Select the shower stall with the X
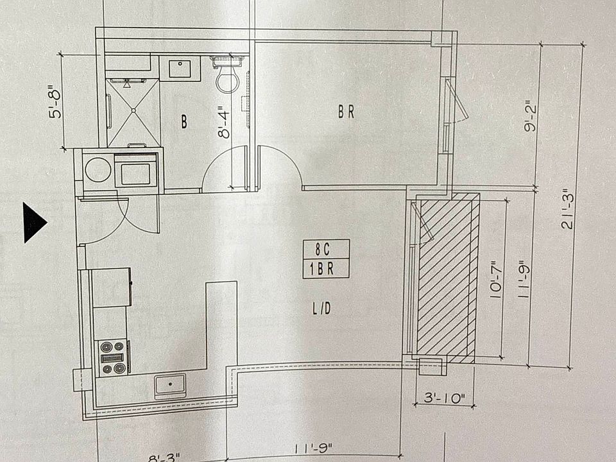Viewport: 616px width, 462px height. [x=133, y=112]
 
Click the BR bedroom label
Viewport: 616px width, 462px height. [x=346, y=112]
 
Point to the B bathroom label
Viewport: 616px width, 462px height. [x=184, y=122]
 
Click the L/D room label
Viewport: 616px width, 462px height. [x=321, y=309]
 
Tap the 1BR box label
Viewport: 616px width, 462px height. [x=325, y=269]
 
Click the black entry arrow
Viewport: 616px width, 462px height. [x=34, y=223]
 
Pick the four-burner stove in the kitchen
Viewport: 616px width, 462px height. [x=112, y=357]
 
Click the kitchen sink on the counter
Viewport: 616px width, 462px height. [x=170, y=386]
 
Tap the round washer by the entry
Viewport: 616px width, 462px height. [x=98, y=171]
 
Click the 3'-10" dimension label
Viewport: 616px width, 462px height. [x=444, y=398]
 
